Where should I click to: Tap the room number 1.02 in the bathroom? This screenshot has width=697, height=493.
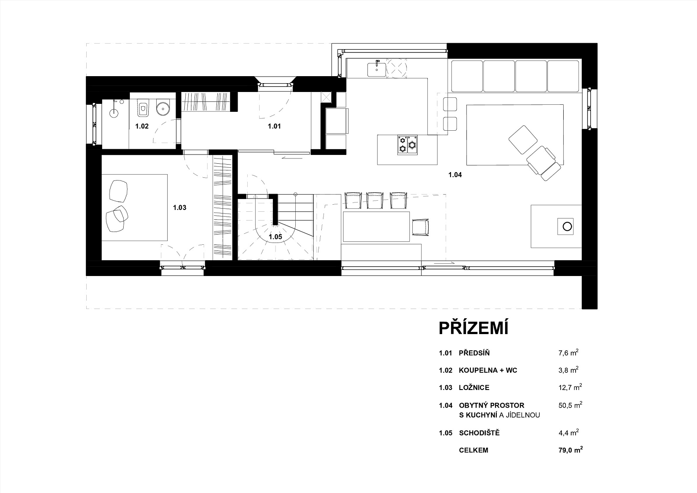pyautogui.click(x=142, y=126)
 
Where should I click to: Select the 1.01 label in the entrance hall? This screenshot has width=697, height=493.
pyautogui.click(x=274, y=126)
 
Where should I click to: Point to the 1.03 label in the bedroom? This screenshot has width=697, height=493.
pyautogui.click(x=180, y=207)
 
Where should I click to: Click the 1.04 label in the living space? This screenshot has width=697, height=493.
pyautogui.click(x=455, y=175)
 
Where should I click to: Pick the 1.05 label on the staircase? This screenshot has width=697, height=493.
pyautogui.click(x=275, y=237)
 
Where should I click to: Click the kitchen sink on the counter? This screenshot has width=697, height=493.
pyautogui.click(x=377, y=69)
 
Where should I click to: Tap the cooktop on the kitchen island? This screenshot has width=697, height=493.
pyautogui.click(x=407, y=145)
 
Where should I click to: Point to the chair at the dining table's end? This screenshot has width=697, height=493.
pyautogui.click(x=420, y=227)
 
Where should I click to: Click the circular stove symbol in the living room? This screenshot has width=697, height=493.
pyautogui.click(x=567, y=226)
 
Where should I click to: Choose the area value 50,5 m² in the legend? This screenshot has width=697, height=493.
pyautogui.click(x=570, y=405)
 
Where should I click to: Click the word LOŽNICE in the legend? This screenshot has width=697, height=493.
pyautogui.click(x=474, y=387)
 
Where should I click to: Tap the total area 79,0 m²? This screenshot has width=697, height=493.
pyautogui.click(x=570, y=450)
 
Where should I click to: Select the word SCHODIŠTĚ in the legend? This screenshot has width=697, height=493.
pyautogui.click(x=479, y=433)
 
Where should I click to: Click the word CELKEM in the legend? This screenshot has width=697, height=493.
pyautogui.click(x=473, y=450)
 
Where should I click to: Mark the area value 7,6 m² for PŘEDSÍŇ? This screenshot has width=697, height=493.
pyautogui.click(x=568, y=353)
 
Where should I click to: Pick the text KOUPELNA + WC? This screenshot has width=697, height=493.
pyautogui.click(x=488, y=370)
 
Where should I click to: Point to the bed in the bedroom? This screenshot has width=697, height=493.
pyautogui.click(x=134, y=207)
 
